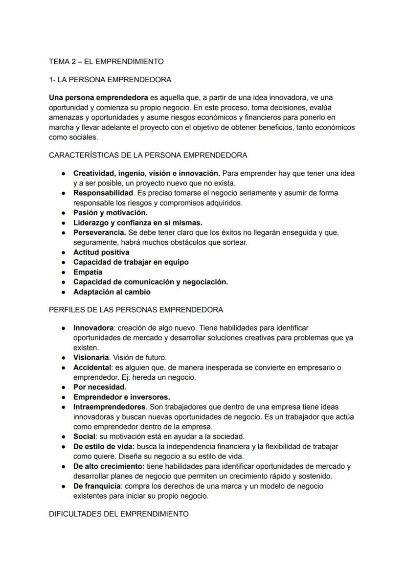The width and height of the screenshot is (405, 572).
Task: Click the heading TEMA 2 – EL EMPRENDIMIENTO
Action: coord(106,62)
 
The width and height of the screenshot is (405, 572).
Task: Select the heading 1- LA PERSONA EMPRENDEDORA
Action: coord(110,79)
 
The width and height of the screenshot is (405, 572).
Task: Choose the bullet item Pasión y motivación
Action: coord(111,213)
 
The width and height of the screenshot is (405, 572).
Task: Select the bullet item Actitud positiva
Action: coord(101,252)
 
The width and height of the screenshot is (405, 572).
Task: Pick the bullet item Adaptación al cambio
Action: coord(112,292)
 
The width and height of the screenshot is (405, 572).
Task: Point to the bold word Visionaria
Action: coord(91,358)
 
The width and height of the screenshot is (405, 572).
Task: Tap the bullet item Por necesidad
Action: coord(100,387)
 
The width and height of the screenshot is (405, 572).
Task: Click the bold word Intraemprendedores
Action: coord(110,407)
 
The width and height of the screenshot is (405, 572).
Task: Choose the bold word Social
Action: coord(84,436)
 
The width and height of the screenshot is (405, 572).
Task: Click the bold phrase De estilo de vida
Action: coord(104,447)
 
